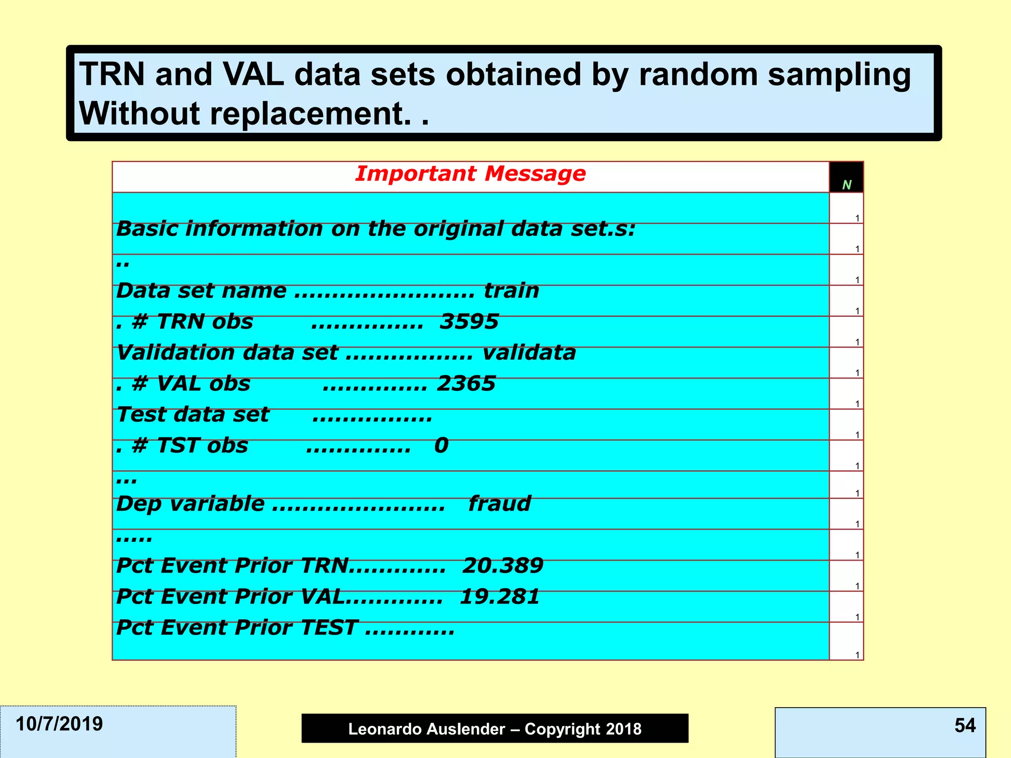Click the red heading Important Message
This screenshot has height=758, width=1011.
click(x=470, y=174)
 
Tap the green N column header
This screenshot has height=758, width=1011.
click(x=847, y=185)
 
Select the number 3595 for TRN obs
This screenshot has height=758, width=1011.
click(x=469, y=322)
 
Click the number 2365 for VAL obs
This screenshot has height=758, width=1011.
click(x=466, y=384)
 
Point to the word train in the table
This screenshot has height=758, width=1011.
click(x=511, y=291)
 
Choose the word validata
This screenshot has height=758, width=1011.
click(x=529, y=353)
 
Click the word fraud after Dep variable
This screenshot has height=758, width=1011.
click(x=499, y=504)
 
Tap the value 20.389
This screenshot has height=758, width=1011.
click(x=503, y=566)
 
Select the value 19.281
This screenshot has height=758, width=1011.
click(x=500, y=597)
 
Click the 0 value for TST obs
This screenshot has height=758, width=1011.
click(x=441, y=446)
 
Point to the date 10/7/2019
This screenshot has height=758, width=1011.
click(x=59, y=724)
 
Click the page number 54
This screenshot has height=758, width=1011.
click(x=965, y=725)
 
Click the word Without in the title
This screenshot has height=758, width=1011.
click(x=140, y=114)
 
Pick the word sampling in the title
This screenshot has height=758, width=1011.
click(x=839, y=75)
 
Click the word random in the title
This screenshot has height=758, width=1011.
click(x=698, y=75)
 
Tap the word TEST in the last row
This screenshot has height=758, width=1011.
click(x=329, y=628)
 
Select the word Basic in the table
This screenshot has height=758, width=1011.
click(x=147, y=229)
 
